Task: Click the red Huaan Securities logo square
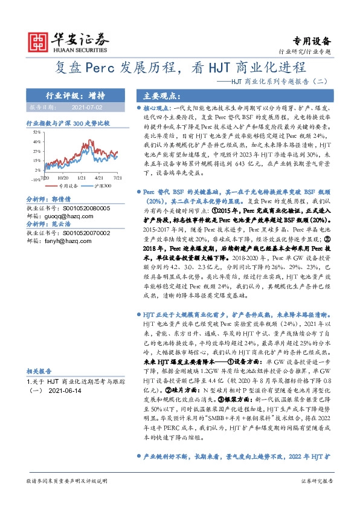pyautogui.click(x=39, y=41)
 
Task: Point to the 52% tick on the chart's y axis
pyautogui.click(x=37, y=131)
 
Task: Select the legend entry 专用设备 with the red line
pyautogui.click(x=71, y=186)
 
